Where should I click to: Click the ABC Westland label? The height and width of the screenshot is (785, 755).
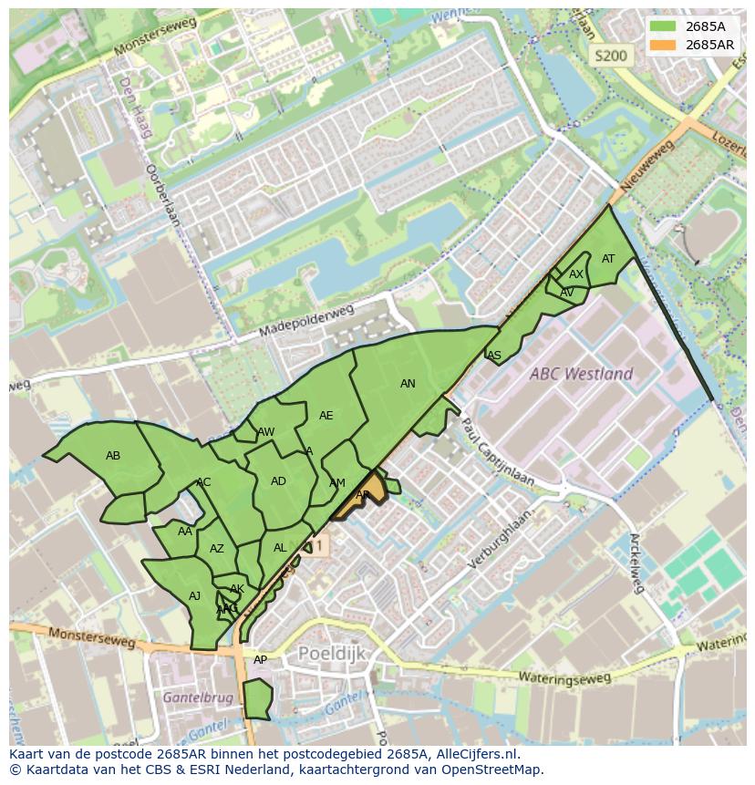coord(582,374)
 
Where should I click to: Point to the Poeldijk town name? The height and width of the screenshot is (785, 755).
coord(331,654)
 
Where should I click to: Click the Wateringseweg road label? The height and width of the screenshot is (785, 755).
coord(564,677)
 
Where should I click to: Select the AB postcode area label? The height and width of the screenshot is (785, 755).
coord(113,456)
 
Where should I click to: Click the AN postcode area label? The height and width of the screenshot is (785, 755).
coord(408,384)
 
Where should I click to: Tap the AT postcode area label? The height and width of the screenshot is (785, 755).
coord(608,259)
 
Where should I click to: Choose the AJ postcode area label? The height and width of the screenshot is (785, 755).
coord(194,596)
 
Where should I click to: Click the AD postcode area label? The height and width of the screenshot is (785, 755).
coord(278,481)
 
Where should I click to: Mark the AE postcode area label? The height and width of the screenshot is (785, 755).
coord(326,416)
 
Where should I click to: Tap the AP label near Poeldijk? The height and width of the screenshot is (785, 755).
coord(260,660)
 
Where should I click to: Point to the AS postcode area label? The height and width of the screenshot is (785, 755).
coord(494,356)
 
